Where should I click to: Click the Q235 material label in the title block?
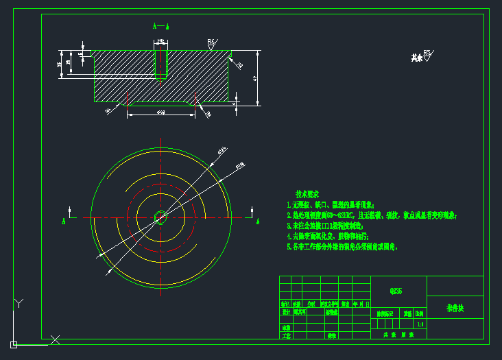[x=396, y=291]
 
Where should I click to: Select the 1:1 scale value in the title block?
[x=420, y=324]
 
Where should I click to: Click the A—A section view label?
[x=160, y=27]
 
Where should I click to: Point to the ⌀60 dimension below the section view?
[x=160, y=111]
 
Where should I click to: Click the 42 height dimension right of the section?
[x=255, y=78]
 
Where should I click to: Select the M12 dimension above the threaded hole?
[x=160, y=42]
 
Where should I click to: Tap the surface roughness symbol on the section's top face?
[x=212, y=45]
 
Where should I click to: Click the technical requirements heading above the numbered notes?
[x=307, y=195]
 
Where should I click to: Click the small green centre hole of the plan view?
[x=160, y=217]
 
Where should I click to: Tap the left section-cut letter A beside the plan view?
[x=64, y=221]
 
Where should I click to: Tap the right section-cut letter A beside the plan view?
[x=257, y=221]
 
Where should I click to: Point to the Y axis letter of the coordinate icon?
[x=20, y=302]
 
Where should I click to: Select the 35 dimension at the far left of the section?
[x=59, y=64]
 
